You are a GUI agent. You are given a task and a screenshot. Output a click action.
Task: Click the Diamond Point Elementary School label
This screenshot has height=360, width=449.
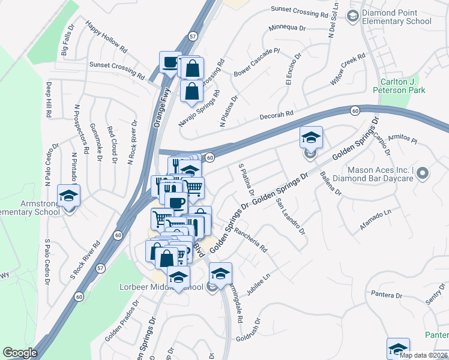coord(396,17)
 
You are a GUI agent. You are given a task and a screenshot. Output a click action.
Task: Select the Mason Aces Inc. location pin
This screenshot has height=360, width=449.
coord(422,174)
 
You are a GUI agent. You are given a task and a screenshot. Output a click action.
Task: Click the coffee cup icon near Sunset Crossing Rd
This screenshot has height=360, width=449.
coord(170,62)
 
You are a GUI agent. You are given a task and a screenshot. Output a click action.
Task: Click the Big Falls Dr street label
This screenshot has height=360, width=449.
coord(67,40)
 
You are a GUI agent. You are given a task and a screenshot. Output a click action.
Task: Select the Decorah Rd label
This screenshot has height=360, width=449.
coord(276,113)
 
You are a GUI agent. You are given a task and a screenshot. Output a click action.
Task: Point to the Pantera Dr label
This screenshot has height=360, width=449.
coord(386,295)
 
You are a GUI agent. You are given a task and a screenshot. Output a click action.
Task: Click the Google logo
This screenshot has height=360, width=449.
coord(20,353)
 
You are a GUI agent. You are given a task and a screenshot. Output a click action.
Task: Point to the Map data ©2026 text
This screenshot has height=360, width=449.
coord(423,355)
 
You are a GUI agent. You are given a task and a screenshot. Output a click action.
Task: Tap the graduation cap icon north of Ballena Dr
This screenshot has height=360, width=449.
coord(311,138)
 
